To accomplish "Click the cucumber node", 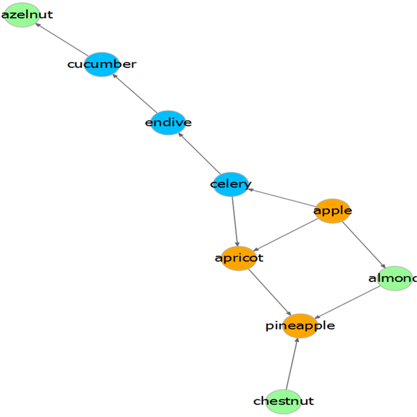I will coord(102,64).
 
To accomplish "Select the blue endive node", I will coord(168,123).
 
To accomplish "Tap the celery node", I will coord(231,184).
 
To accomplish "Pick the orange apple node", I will coord(333,211).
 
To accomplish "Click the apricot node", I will coord(238,258).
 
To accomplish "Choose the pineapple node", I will coord(300,326).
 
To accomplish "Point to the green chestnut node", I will coord(283,401).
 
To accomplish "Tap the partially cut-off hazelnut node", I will coord(22,14).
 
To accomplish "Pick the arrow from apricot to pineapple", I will coord(269,292).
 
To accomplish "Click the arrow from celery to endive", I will coord(199,153).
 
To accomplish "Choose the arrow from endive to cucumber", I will coord(135,93).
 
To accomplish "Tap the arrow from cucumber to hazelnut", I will coord(62,40).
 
